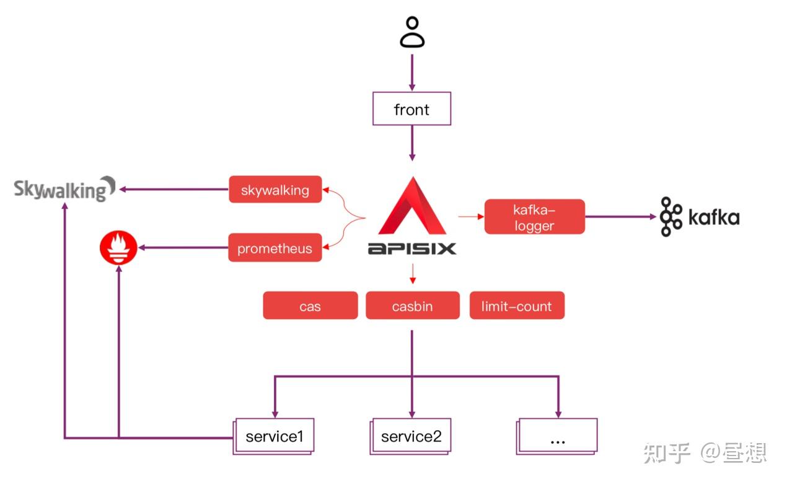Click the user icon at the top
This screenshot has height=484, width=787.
[411, 33]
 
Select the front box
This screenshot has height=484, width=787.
[411, 110]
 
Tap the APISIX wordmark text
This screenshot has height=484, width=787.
[412, 249]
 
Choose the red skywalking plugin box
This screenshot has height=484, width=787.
[275, 190]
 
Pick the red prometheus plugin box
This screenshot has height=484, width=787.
[275, 249]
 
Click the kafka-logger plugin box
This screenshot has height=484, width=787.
[534, 217]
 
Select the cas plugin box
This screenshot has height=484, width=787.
[310, 306]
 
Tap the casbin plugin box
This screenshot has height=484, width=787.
[412, 306]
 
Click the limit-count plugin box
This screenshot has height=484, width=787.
[516, 306]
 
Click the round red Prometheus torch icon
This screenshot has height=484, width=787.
[118, 247]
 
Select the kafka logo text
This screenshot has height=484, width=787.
[714, 218]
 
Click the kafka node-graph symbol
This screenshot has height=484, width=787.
[670, 217]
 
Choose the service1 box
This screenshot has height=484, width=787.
[275, 436]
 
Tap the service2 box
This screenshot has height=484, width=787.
[411, 436]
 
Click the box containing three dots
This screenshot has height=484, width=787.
[557, 436]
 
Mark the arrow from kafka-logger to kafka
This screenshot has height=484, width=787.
[620, 217]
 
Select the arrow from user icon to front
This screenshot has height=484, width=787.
[411, 71]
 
